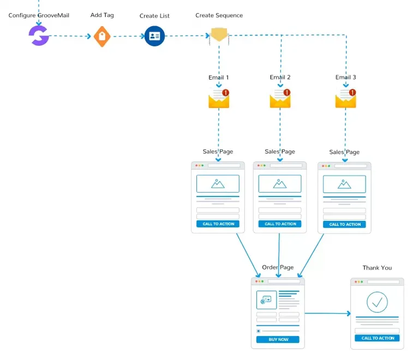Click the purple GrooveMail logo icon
[39, 36]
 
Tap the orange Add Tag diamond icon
[102, 37]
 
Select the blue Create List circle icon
[154, 36]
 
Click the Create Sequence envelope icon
[219, 35]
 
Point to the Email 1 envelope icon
[219, 99]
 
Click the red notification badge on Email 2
[287, 92]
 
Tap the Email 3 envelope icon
[346, 99]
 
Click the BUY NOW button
[278, 339]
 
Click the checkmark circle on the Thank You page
[377, 302]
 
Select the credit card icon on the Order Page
[266, 300]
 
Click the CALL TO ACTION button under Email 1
[218, 224]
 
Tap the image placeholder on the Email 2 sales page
[280, 184]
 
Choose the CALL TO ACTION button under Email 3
[344, 224]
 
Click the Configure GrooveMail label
[39, 15]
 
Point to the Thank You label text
[377, 268]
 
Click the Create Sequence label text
[219, 15]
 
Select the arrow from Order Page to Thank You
[327, 313]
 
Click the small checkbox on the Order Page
[259, 331]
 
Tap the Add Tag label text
[102, 15]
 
